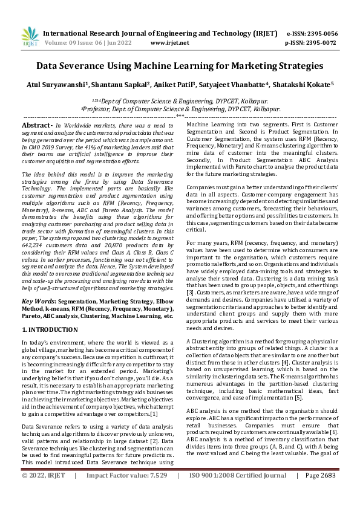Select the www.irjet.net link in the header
(167, 44)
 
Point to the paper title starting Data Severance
(180, 66)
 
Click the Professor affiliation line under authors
(180, 109)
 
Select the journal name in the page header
(159, 33)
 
